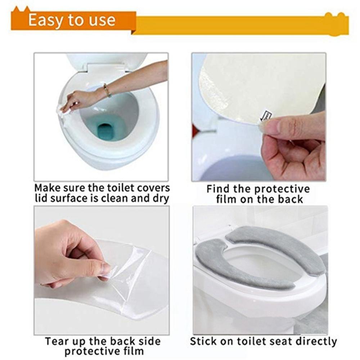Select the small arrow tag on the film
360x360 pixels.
coord(266,116)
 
